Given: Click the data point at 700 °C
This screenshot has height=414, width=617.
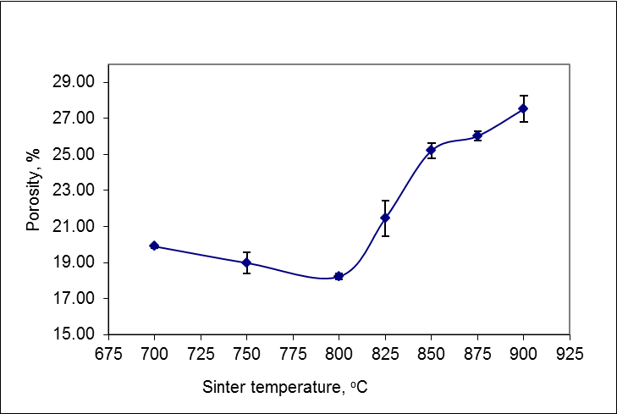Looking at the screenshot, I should click(154, 246).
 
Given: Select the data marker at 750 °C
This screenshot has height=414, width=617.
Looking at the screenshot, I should click(246, 262).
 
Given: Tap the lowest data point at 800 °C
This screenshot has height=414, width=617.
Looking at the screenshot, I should click(339, 276).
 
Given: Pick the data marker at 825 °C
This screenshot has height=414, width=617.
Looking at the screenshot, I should click(385, 218).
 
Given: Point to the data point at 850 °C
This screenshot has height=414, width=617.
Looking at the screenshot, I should click(431, 150).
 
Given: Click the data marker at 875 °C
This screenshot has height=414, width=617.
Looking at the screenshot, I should click(477, 135).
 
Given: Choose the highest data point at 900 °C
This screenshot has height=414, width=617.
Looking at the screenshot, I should click(523, 108).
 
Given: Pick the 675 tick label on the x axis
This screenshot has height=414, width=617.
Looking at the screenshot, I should click(108, 350).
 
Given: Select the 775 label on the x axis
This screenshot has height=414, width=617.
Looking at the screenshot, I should click(293, 350).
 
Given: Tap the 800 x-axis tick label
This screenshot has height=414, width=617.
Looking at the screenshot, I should click(339, 350).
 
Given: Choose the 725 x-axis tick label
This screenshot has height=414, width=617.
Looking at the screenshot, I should click(201, 350).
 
